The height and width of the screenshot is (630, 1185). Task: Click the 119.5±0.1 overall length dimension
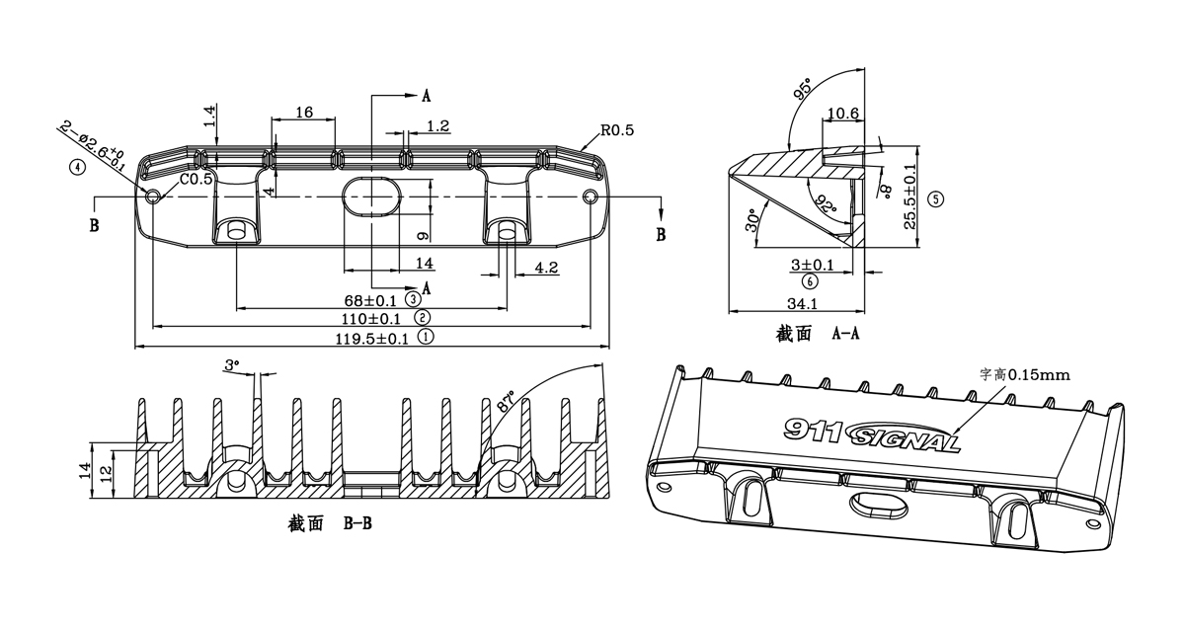(x=372, y=339)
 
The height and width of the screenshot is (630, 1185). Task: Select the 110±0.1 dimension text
(x=370, y=319)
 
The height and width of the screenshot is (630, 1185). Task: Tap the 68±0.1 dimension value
(x=370, y=301)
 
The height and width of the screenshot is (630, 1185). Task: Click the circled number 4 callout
(x=77, y=168)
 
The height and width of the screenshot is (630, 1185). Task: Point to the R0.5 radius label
(x=617, y=130)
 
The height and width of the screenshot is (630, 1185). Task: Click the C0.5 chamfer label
(x=197, y=180)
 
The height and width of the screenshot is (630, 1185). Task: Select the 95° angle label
(x=802, y=89)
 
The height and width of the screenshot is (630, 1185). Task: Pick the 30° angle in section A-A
(x=751, y=220)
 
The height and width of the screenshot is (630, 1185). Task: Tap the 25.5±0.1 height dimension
(x=909, y=197)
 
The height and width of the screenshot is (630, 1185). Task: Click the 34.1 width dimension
(x=803, y=303)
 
